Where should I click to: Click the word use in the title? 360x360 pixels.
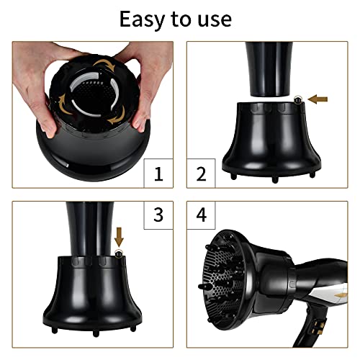click(x=215, y=19)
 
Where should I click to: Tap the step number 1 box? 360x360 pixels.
click(x=158, y=174)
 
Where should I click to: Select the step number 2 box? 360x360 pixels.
click(x=201, y=174)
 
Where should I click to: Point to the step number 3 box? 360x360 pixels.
click(x=158, y=215)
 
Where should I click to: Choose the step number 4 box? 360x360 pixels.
click(x=201, y=215)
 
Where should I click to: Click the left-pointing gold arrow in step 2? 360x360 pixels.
click(x=318, y=99)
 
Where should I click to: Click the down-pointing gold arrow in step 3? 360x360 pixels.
click(x=119, y=237)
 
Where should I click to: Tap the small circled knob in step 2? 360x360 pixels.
click(x=298, y=99)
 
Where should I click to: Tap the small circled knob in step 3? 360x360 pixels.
click(x=118, y=253)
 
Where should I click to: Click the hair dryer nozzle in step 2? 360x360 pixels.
click(x=269, y=69)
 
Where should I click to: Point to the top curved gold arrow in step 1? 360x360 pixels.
click(x=104, y=64)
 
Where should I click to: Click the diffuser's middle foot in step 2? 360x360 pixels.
click(x=275, y=179)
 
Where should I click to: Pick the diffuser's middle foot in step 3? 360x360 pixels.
click(x=96, y=333)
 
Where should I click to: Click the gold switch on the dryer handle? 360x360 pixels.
click(x=319, y=327)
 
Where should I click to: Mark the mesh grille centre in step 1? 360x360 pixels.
click(x=95, y=96)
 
